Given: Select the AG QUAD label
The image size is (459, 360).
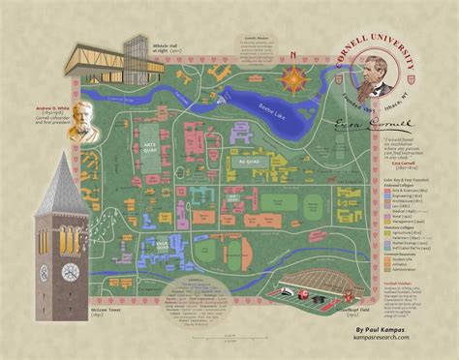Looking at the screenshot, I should [x=249, y=160].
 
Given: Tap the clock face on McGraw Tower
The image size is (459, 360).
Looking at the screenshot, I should [x=70, y=273].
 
